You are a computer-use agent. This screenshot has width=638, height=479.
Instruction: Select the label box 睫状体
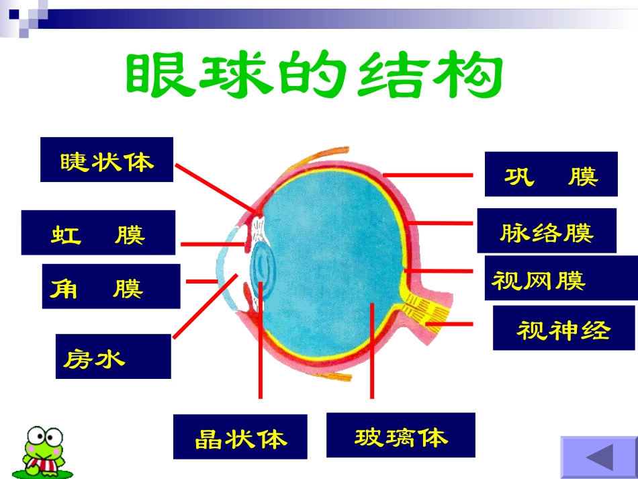(x=107, y=160)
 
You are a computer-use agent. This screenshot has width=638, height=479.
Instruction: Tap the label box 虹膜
(x=98, y=232)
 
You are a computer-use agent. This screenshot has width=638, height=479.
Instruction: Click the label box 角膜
(x=111, y=286)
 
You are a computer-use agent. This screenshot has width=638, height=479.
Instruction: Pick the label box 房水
(x=113, y=356)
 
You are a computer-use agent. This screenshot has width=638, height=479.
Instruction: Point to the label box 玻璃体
(x=400, y=435)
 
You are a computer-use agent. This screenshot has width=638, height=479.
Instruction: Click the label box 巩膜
(x=551, y=174)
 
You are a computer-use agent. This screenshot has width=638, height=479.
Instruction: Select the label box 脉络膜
(x=546, y=231)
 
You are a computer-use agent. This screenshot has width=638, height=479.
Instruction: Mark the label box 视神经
(x=563, y=328)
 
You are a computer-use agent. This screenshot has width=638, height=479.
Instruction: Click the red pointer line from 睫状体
(x=215, y=187)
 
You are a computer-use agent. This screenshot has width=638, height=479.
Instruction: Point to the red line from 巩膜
(x=428, y=174)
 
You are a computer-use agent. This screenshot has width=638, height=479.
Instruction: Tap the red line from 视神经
(x=449, y=324)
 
